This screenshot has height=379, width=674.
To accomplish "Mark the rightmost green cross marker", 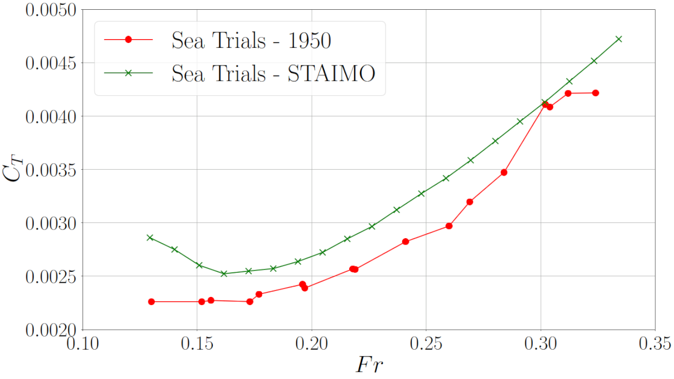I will (619, 39).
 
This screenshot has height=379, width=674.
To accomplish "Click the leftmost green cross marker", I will (150, 238).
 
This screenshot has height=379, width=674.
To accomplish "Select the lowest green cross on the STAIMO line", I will (224, 274).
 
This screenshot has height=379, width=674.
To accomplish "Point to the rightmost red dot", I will (595, 93).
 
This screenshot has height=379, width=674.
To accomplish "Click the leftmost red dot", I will (152, 302).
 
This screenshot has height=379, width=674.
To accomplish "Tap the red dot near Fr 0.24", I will (405, 241).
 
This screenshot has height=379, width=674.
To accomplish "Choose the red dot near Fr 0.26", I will (449, 226).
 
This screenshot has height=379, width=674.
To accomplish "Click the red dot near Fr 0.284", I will (504, 172).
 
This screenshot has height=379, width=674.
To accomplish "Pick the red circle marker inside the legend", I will (129, 40).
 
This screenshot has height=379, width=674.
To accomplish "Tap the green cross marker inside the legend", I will (129, 73).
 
